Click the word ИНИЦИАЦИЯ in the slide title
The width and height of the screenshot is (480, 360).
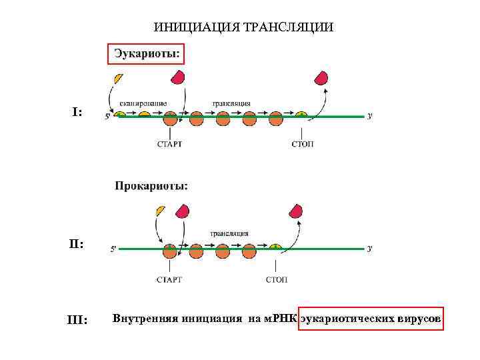189,27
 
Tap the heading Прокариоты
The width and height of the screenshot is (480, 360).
151,186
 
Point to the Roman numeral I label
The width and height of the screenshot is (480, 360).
77,113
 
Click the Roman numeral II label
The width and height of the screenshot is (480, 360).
77,245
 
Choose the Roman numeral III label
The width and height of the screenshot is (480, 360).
78,321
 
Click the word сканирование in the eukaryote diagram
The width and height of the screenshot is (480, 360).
143,103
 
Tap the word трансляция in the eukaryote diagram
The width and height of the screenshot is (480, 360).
231,103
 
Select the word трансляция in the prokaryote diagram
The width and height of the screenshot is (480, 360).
229,233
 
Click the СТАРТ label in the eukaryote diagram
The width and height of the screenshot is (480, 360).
169,144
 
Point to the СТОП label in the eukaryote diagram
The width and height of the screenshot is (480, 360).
303,144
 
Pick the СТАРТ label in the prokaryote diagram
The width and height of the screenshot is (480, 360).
169,279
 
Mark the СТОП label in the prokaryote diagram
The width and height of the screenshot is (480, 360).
277,279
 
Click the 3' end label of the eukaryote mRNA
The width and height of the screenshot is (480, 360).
370,116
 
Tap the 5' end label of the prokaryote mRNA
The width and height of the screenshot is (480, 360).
113,249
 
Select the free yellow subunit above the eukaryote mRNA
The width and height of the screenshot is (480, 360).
119,78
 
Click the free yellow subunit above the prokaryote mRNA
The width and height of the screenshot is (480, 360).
159,211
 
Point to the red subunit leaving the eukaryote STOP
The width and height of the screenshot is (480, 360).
322,77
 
